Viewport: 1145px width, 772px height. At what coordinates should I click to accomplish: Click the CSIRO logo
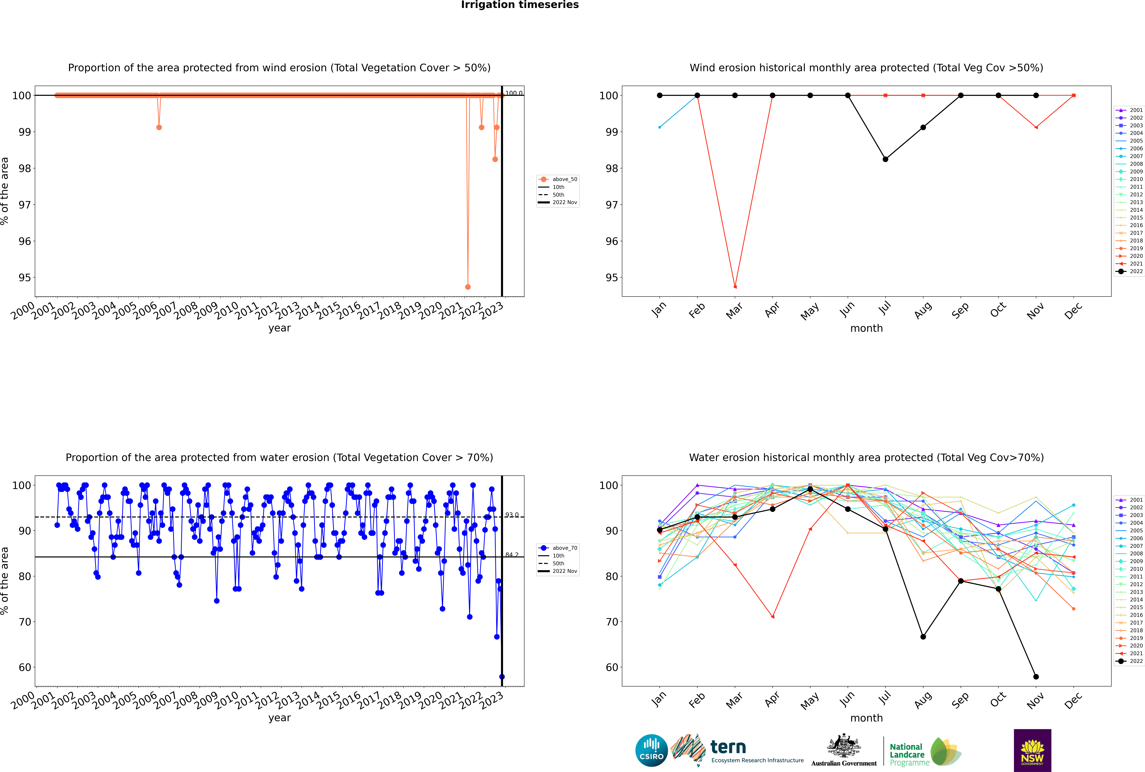tap(651, 750)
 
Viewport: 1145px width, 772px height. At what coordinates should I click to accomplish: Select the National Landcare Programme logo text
tap(907, 754)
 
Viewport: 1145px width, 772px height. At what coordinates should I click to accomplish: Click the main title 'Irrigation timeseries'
tap(520, 5)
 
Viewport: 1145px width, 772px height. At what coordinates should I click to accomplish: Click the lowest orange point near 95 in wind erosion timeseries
tap(468, 287)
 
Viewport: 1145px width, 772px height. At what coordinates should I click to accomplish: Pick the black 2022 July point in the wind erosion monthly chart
tap(885, 159)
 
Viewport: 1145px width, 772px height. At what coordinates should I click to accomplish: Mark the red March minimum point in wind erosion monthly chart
tap(735, 287)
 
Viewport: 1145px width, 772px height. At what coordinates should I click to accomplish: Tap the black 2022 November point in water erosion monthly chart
tap(1036, 676)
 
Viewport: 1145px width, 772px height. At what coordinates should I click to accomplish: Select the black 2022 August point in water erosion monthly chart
tap(923, 637)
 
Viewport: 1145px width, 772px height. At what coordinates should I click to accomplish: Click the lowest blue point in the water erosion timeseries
tap(502, 676)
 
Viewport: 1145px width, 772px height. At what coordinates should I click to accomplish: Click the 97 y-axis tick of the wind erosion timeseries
tap(25, 205)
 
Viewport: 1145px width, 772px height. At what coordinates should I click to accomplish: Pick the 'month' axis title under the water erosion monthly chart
tap(866, 718)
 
